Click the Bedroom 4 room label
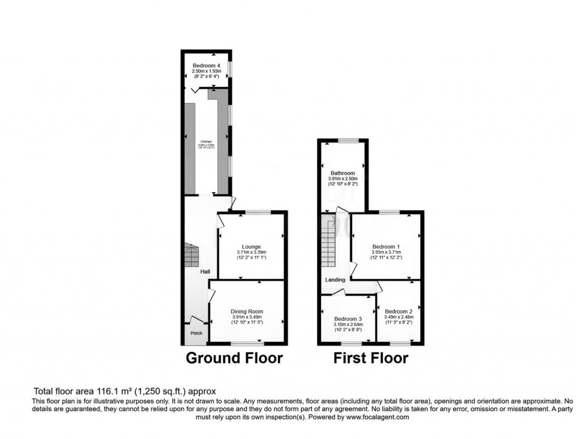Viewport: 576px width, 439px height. point(206,66)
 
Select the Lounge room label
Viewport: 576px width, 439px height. point(251,246)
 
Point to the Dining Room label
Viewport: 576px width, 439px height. point(247,311)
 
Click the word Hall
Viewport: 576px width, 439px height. point(205,272)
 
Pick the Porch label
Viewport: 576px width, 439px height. point(196,333)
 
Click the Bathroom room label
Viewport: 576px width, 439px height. point(343,173)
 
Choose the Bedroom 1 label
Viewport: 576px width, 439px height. point(386,246)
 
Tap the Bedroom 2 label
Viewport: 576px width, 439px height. point(399,311)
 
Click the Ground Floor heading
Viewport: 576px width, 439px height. point(234,357)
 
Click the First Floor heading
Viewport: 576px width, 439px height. point(371,357)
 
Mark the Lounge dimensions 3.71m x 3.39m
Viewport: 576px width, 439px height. point(251,253)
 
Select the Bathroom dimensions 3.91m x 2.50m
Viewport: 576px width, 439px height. point(343,179)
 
